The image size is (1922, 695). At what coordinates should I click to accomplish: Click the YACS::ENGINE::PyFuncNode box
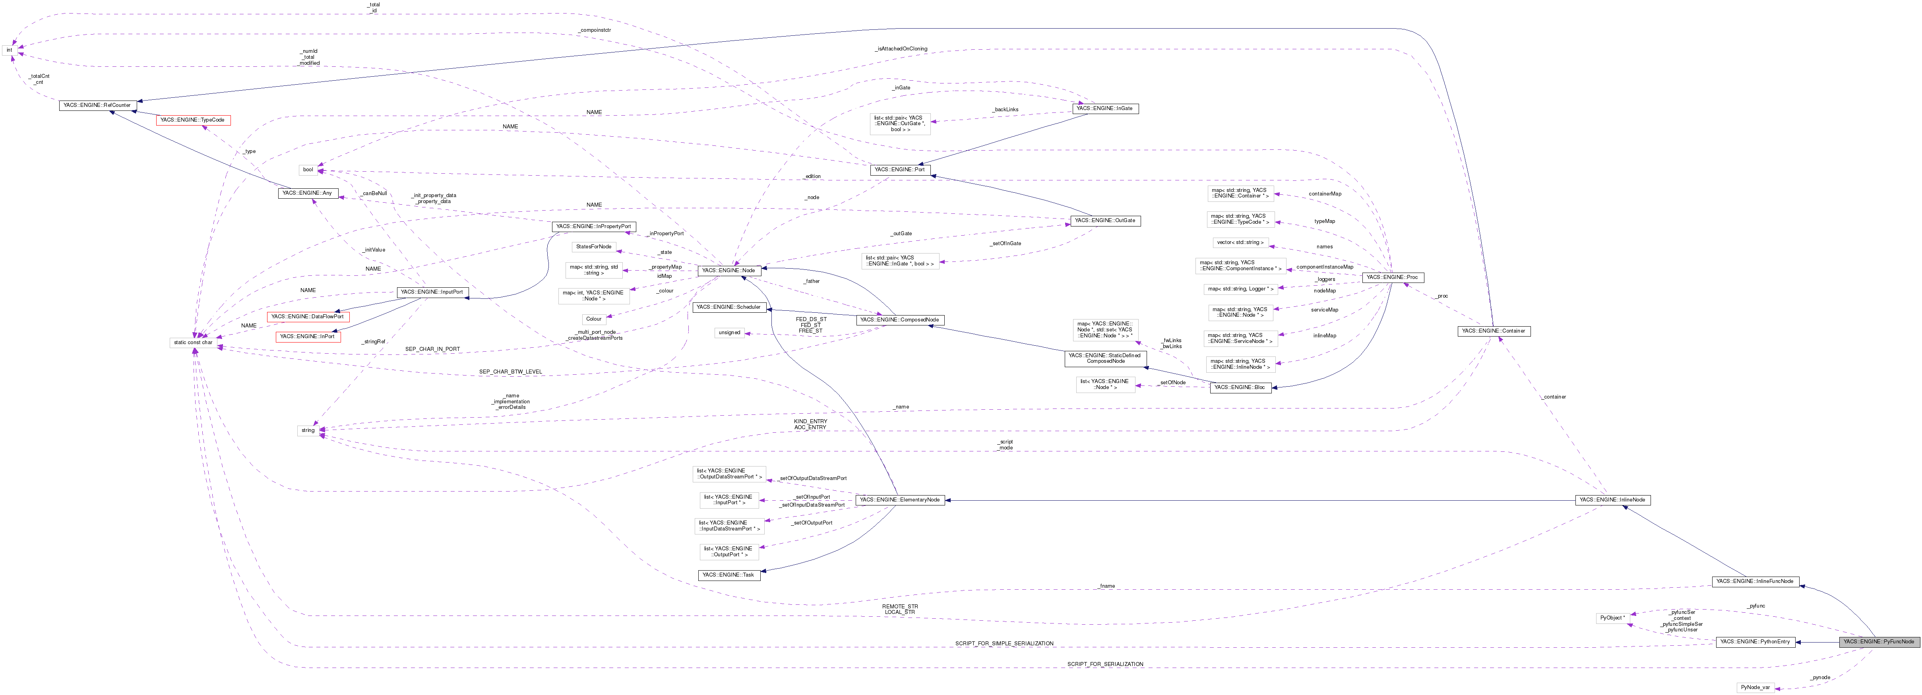tap(1878, 641)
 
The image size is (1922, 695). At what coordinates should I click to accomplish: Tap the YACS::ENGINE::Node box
tap(729, 271)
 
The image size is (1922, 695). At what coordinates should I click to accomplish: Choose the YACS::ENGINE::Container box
tap(1494, 330)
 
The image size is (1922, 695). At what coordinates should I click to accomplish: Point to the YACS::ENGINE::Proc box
tap(1392, 277)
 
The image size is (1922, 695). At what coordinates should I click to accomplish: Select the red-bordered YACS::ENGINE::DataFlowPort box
tap(307, 317)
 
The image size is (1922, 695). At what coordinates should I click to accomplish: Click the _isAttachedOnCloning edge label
tap(901, 49)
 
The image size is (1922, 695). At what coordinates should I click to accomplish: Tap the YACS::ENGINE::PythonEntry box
tap(1755, 641)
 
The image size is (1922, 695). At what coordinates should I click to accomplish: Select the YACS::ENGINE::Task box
tap(728, 575)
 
